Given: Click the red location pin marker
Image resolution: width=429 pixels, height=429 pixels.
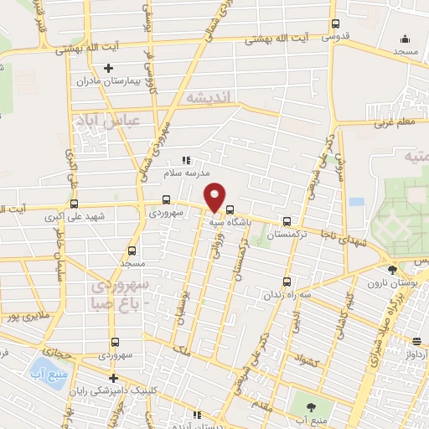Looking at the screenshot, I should pyautogui.click(x=215, y=197).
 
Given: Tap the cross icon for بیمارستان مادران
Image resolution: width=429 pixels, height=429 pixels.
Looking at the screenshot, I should pyautogui.click(x=107, y=68).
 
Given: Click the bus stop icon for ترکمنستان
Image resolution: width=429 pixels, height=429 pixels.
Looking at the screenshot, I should pyautogui.click(x=288, y=222).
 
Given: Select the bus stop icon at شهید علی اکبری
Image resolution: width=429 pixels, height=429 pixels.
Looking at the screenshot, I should pyautogui.click(x=75, y=204).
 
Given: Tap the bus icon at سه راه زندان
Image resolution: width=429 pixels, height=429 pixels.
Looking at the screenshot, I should pyautogui.click(x=288, y=282).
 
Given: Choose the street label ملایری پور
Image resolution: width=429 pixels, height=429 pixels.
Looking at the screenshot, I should pyautogui.click(x=20, y=317).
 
